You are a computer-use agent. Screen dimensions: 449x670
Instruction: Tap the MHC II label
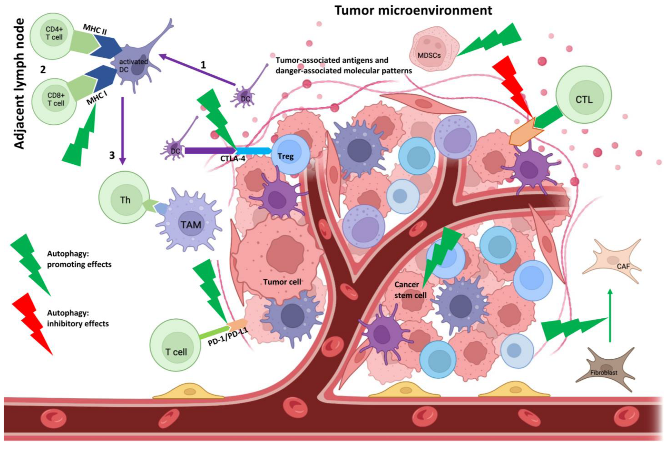(x=95, y=29)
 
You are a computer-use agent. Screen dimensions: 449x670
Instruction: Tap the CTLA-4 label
(x=233, y=159)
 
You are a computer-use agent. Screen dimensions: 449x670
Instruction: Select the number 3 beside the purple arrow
(x=112, y=156)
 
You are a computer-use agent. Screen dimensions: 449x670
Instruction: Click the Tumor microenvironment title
(x=413, y=11)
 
